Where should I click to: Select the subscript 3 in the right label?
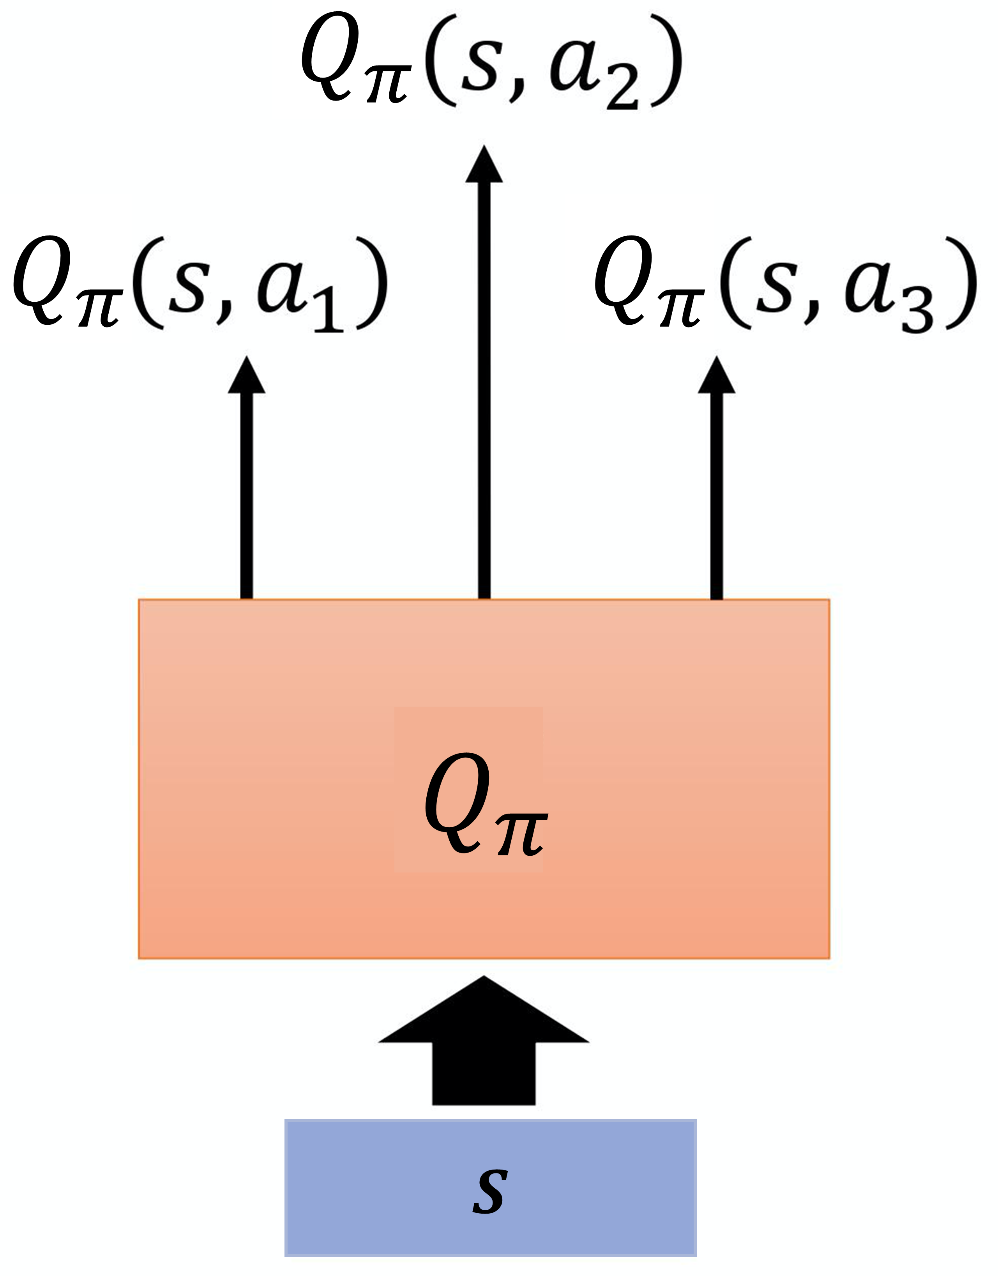pyautogui.click(x=917, y=312)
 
